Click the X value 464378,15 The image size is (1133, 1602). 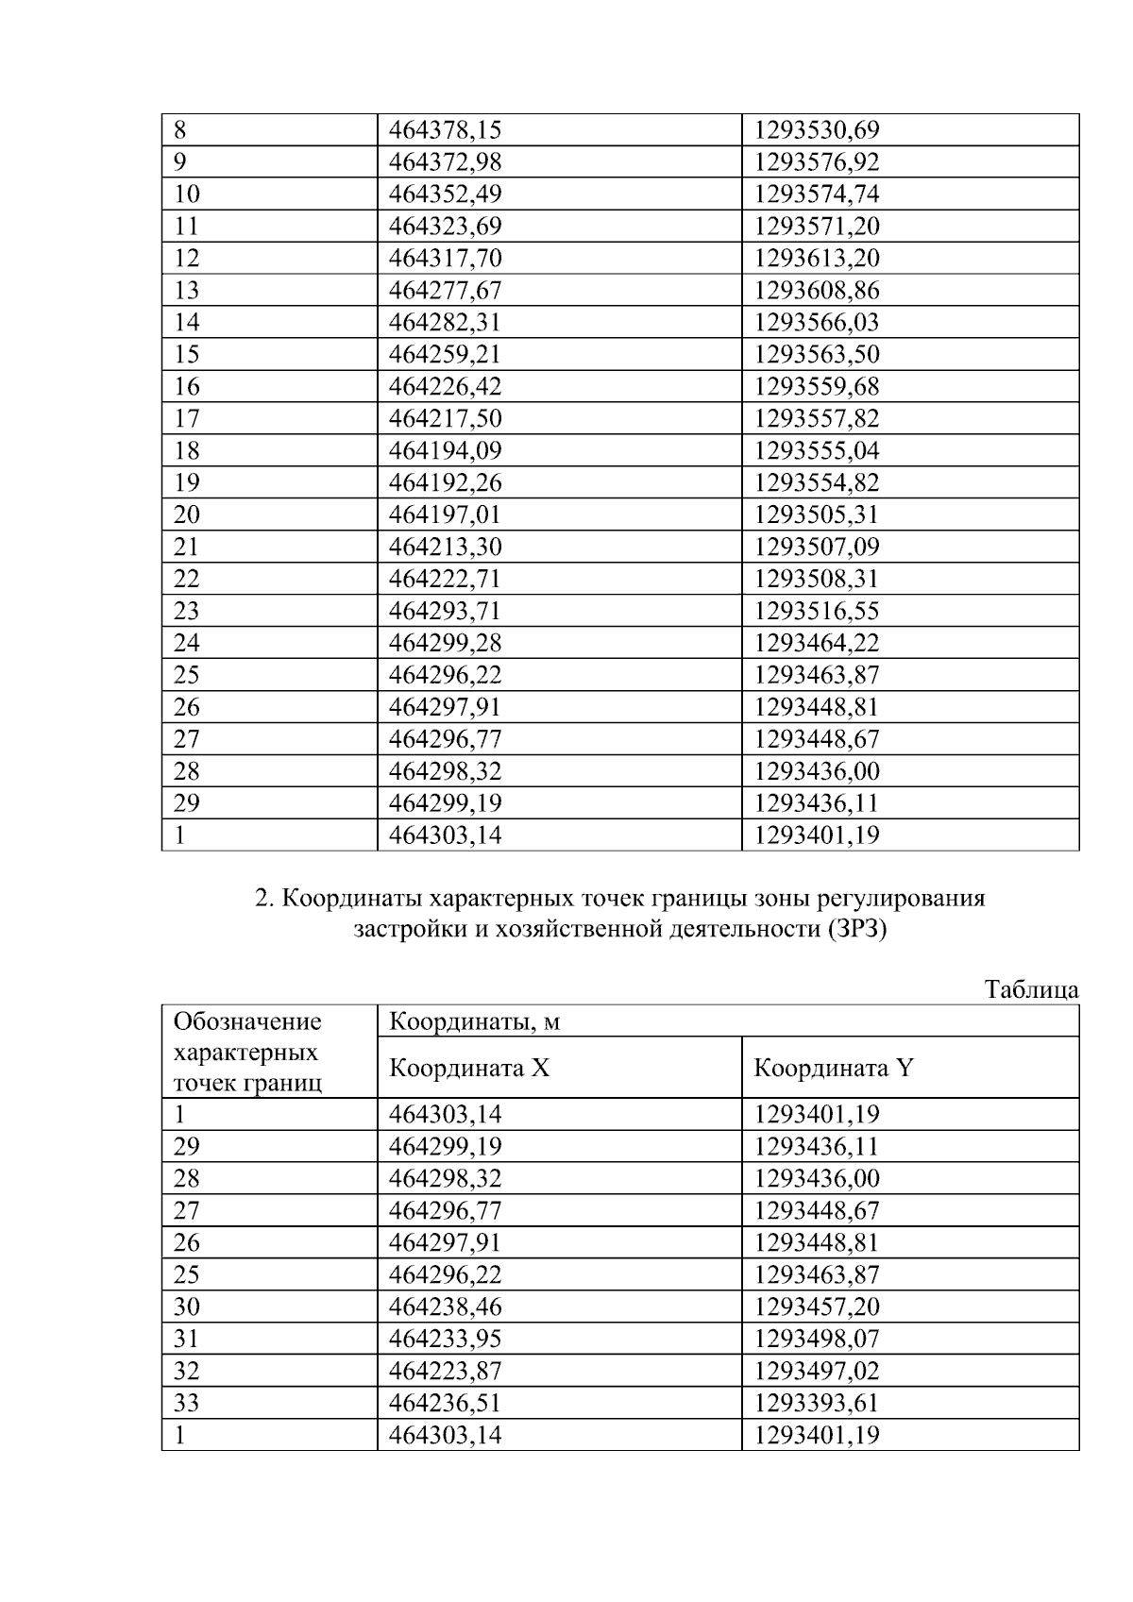pos(445,130)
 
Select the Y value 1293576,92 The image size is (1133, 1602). pos(816,162)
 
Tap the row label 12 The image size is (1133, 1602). pos(187,259)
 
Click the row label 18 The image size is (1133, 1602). pos(187,451)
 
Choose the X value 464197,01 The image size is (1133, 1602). pos(445,515)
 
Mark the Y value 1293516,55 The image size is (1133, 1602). pos(816,612)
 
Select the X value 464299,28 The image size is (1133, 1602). pos(445,644)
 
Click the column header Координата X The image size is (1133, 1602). pos(469,1068)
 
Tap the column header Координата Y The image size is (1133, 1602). pos(834,1068)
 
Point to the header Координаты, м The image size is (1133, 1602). pos(468,1021)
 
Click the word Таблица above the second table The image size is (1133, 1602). pos(1031,989)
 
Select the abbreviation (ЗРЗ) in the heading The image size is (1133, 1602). pos(857,929)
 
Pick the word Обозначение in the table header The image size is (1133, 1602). pos(247,1021)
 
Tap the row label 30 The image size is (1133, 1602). pos(187,1307)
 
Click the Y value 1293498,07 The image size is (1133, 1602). pos(816,1340)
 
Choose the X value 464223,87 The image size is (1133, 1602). pos(445,1372)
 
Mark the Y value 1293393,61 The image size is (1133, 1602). pos(816,1404)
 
